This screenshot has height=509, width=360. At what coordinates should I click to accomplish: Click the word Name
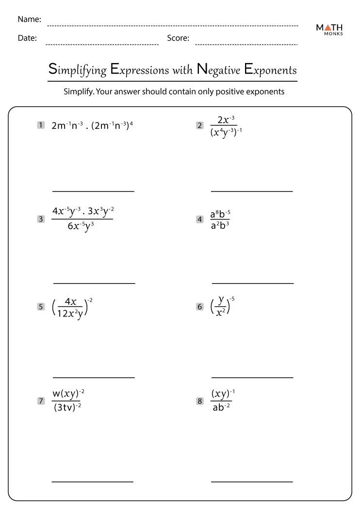pos(29,19)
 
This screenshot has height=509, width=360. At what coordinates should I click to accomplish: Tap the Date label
pos(27,38)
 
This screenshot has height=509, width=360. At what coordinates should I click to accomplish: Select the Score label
pos(178,38)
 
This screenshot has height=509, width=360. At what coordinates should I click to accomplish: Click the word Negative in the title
pos(218,70)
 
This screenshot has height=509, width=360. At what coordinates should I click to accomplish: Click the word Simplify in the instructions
pos(78,92)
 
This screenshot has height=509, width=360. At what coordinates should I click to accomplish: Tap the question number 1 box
pos(40,125)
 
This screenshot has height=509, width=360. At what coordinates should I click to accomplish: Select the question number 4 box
pos(199,219)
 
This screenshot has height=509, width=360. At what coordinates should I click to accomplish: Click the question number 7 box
pos(40,400)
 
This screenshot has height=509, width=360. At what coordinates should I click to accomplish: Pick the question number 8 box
pos(199,400)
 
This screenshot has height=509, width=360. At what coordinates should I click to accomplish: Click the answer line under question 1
pos(93,191)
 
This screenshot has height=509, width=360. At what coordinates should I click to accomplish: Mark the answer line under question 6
pos(252,377)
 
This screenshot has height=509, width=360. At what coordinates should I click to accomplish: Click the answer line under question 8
pos(252,482)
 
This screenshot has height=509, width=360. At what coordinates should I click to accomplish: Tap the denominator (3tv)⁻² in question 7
pos(66,408)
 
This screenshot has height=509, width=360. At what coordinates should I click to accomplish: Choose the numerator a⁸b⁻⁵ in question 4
pos(220,213)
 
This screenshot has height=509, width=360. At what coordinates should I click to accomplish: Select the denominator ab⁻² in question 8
pos(221,408)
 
